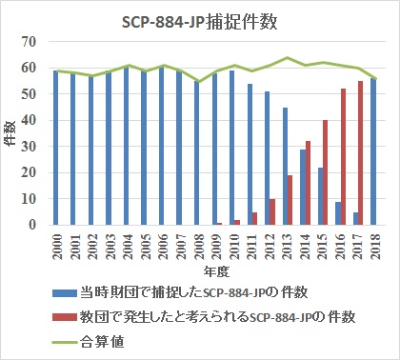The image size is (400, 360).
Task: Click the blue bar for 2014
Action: [x=303, y=187]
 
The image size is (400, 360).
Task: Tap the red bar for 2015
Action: [x=326, y=172]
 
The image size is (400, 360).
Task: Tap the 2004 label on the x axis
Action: [x=128, y=247]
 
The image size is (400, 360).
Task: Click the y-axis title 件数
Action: [x=12, y=133]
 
